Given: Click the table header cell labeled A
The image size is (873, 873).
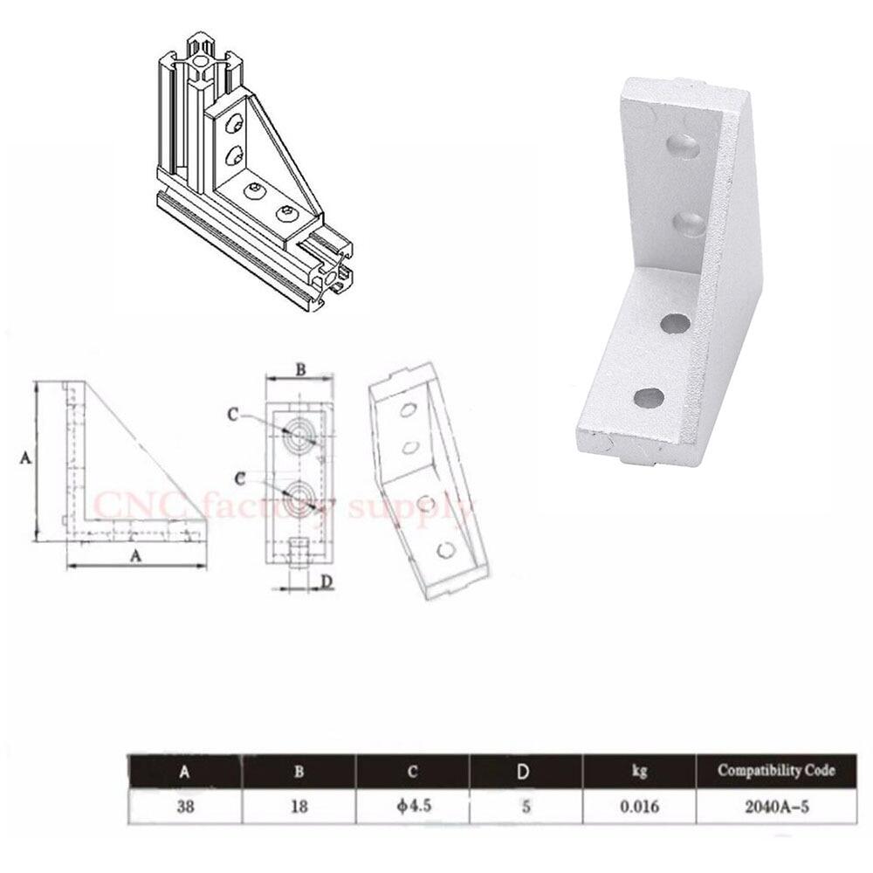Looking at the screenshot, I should [x=184, y=772].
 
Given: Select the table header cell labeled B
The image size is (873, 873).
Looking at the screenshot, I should [x=299, y=772].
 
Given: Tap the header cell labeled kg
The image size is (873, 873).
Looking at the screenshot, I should [x=638, y=772].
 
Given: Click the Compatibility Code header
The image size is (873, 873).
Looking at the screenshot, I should [x=776, y=771].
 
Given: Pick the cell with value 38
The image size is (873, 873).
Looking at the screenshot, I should [x=184, y=808].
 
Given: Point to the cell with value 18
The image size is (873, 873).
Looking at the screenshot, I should [x=299, y=808].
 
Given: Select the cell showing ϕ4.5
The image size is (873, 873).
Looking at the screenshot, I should [x=413, y=808].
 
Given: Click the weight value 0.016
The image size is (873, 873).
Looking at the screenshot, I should [x=638, y=808].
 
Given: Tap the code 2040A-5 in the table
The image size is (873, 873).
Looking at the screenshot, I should [x=776, y=808].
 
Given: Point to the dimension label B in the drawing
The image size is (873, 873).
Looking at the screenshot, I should [x=299, y=369].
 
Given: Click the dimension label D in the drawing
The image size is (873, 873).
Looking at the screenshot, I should [x=326, y=582].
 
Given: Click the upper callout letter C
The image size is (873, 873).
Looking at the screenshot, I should [x=233, y=416].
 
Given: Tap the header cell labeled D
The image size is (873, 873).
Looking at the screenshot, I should [x=526, y=772].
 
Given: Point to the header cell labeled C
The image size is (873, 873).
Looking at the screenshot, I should [x=413, y=772].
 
